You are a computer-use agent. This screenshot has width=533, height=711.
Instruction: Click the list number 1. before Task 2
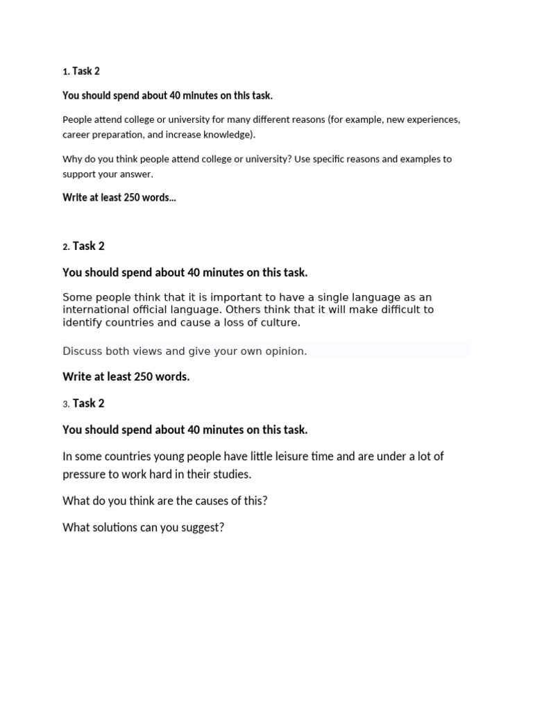[66, 72]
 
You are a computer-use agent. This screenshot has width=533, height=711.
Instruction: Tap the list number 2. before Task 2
[66, 247]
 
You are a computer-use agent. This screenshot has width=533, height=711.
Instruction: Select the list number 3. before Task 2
[66, 404]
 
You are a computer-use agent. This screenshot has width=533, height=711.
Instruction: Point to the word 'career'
[76, 135]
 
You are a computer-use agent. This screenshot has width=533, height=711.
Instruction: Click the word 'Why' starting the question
[72, 159]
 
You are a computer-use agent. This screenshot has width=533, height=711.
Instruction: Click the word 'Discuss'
[82, 351]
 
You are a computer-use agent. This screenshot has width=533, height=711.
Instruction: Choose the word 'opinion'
[285, 351]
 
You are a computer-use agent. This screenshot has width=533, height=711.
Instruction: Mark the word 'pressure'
[85, 475]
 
